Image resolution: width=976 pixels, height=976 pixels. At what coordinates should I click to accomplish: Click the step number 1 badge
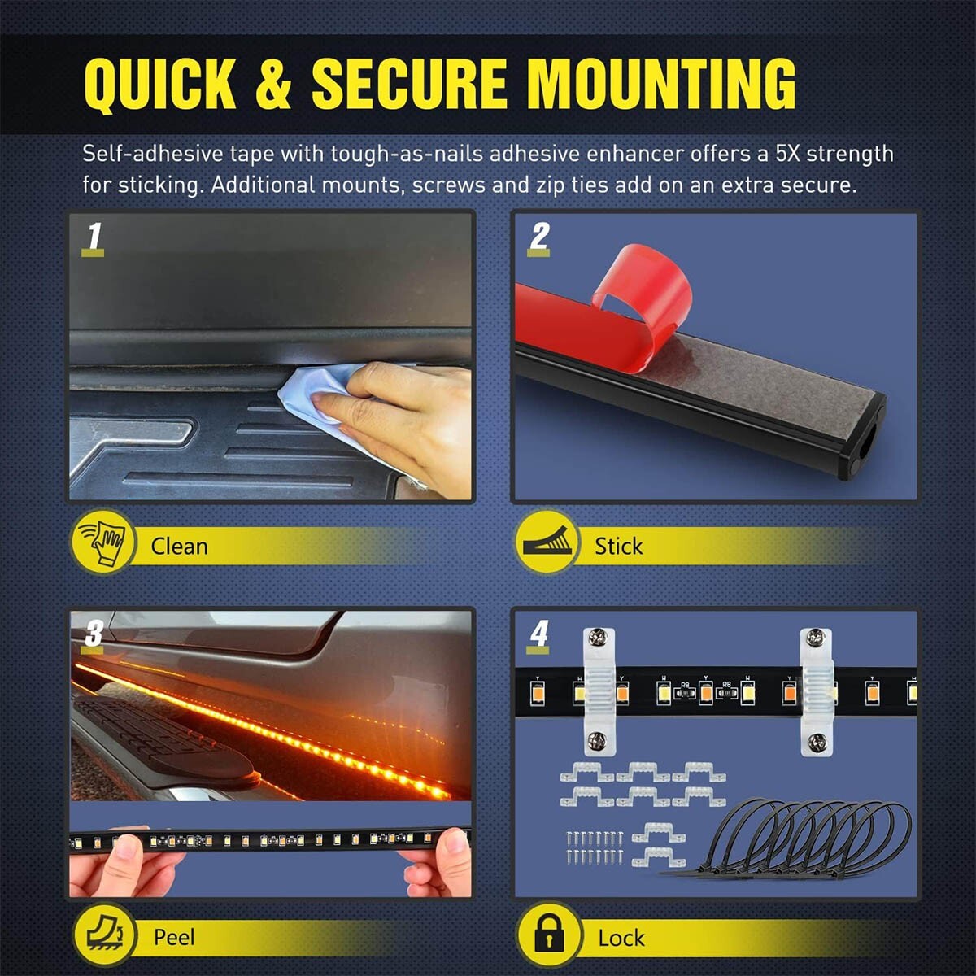(x=94, y=237)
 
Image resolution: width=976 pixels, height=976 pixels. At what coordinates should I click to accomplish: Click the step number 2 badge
(x=539, y=237)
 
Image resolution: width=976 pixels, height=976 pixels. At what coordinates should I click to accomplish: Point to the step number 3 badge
(x=94, y=634)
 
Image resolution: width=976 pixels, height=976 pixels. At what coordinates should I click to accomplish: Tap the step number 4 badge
(x=539, y=634)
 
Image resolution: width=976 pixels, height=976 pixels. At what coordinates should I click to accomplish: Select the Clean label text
(x=179, y=546)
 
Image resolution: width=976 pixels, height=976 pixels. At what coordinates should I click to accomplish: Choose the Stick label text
(x=618, y=546)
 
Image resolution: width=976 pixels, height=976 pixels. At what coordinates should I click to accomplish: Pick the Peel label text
(x=174, y=937)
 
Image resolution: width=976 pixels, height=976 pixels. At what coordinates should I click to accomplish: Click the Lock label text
(x=621, y=938)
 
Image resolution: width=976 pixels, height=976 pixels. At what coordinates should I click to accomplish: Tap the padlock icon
(x=548, y=935)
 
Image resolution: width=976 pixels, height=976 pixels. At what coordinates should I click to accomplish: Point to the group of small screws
(x=595, y=846)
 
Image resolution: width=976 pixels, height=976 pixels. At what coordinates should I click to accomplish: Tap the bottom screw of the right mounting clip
(x=816, y=741)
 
